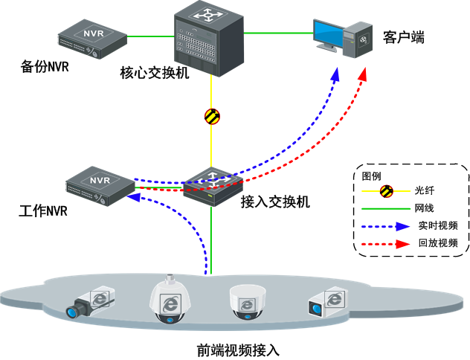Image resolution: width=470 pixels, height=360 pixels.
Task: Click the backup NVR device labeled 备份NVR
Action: [x=92, y=39]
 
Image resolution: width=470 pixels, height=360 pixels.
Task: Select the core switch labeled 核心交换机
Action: [x=209, y=39]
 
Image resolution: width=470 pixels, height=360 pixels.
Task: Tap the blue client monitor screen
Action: [x=328, y=33]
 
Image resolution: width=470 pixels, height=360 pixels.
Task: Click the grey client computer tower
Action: [x=358, y=40]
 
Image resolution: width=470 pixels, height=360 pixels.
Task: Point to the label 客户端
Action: [x=404, y=38]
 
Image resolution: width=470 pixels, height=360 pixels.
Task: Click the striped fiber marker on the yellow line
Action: [x=212, y=116]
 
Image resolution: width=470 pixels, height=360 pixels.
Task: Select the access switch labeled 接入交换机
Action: [x=213, y=187]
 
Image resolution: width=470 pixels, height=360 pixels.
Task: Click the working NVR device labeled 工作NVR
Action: [x=100, y=186]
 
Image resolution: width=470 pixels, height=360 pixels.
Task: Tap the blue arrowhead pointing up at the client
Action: [x=335, y=74]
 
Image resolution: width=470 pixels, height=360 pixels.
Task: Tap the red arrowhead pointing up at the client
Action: [x=363, y=74]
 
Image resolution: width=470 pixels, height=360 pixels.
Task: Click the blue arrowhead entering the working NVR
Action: [x=134, y=197]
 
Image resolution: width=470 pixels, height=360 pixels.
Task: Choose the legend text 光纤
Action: [x=425, y=190]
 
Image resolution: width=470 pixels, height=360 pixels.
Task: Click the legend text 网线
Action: [x=425, y=208]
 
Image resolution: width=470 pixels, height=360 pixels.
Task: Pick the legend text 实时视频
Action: [x=438, y=225]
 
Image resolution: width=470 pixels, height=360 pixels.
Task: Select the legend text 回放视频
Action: [x=438, y=243]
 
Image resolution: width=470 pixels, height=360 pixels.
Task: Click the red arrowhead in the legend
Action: [x=402, y=244]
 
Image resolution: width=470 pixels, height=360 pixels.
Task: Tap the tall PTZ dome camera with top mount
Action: [x=170, y=299]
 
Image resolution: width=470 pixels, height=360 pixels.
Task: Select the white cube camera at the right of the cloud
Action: [x=327, y=302]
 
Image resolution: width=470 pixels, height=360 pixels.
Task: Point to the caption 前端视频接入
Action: [x=238, y=350]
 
